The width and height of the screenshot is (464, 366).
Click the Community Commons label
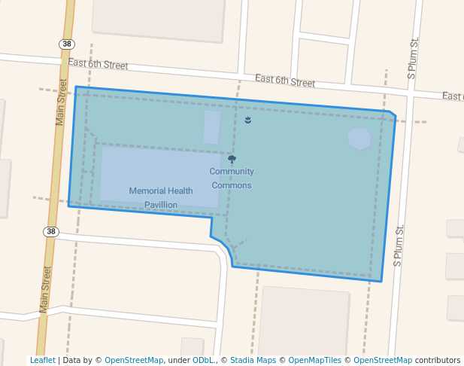(232, 178)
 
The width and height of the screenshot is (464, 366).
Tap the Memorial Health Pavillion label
(160, 197)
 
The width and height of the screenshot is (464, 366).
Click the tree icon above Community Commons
(232, 160)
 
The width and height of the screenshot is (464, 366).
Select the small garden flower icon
(248, 120)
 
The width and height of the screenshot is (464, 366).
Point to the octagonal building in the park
(359, 139)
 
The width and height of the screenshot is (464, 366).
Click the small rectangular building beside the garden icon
(212, 127)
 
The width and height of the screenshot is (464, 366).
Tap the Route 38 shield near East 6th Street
(68, 44)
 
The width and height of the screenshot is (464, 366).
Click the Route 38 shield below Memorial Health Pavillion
(50, 231)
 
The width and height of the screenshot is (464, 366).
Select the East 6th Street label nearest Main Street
(98, 64)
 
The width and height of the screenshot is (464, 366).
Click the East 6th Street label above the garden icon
(284, 80)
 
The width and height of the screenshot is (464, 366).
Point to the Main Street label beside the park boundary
(62, 102)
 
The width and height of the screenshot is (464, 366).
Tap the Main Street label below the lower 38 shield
(46, 289)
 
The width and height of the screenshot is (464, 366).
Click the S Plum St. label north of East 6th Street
(412, 59)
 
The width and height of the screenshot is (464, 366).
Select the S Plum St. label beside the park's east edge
(399, 246)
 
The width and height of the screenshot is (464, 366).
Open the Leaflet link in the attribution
(42, 361)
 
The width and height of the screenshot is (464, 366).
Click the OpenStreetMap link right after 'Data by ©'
(134, 361)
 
